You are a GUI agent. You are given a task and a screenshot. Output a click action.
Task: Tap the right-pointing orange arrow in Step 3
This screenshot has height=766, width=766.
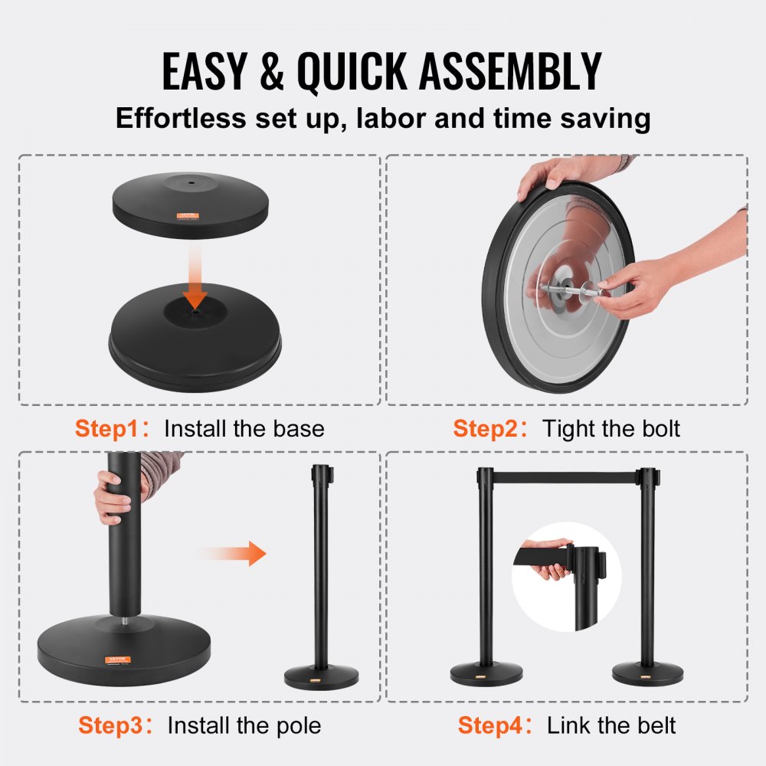click(233, 553)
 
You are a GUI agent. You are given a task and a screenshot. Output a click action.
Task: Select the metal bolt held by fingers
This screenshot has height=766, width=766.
click(567, 290)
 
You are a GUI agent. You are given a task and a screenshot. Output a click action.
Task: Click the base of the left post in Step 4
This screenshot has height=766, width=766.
click(486, 674)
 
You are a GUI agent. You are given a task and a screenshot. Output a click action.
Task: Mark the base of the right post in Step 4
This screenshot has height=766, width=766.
click(647, 674)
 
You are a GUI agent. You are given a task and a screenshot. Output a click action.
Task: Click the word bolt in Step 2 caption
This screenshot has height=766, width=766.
click(656, 429)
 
